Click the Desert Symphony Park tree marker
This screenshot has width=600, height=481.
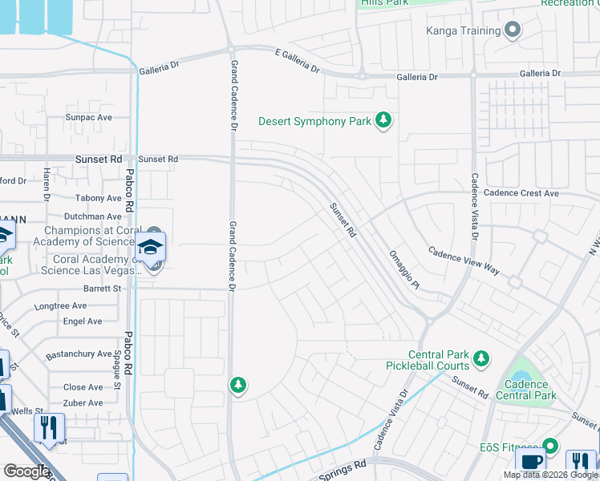pyautogui.click(x=384, y=121)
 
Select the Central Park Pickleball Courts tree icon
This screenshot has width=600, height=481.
pyautogui.click(x=480, y=358)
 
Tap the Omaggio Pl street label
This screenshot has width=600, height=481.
pyautogui.click(x=403, y=269)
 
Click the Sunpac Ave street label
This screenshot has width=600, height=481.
pyautogui.click(x=87, y=117)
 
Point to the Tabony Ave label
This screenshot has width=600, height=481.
pyautogui.click(x=98, y=198)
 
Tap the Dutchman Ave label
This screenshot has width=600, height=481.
pyautogui.click(x=92, y=216)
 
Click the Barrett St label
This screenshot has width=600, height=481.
pyautogui.click(x=102, y=289)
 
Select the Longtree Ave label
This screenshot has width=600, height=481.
pyautogui.click(x=60, y=306)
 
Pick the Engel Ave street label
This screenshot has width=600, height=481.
pyautogui.click(x=83, y=321)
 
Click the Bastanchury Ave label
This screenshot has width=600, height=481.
pyautogui.click(x=79, y=354)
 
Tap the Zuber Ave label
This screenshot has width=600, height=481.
pyautogui.click(x=83, y=403)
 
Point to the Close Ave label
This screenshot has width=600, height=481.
pyautogui.click(x=83, y=387)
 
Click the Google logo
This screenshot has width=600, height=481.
pyautogui.click(x=26, y=471)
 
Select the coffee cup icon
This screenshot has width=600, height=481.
pyautogui.click(x=531, y=463)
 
